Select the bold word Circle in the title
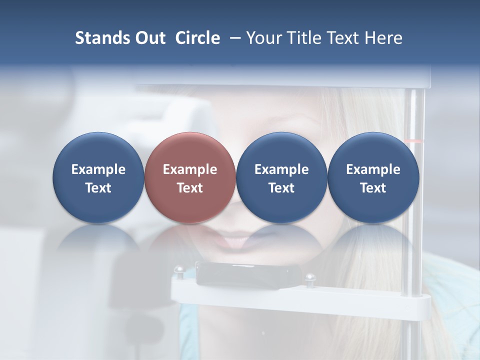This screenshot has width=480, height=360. (x=197, y=38)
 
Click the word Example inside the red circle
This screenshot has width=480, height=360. (x=190, y=169)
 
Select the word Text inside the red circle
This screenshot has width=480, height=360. (x=190, y=188)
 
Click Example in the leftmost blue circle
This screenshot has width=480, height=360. (x=98, y=169)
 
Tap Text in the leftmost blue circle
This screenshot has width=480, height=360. (x=98, y=188)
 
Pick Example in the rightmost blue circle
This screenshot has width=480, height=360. (x=373, y=169)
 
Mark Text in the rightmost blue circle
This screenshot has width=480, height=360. (x=373, y=188)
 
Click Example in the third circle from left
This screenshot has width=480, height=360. (x=281, y=169)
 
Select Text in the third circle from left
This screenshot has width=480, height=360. (x=281, y=188)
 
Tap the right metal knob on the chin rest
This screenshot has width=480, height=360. (x=310, y=277)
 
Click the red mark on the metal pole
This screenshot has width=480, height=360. (x=414, y=141)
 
